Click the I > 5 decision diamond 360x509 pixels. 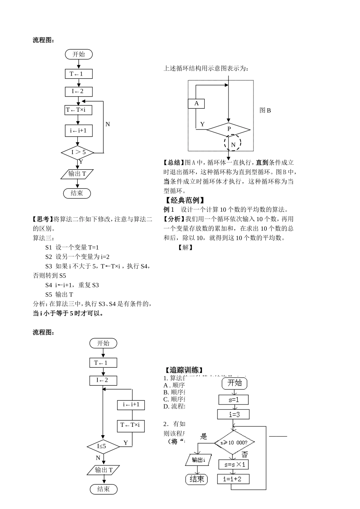tap(78, 153)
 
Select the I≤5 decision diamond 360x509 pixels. tap(103, 447)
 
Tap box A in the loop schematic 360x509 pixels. tap(196, 103)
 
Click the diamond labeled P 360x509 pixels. tap(229, 130)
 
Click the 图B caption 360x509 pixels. tap(265, 111)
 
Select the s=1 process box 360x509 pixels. tap(233, 400)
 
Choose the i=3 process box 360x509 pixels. tap(234, 414)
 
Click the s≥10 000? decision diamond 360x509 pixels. tap(234, 442)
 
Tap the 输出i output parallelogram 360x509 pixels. tap(198, 460)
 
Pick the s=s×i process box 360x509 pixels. tap(234, 464)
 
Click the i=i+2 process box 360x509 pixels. tap(234, 479)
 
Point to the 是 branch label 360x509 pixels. tap(204, 436)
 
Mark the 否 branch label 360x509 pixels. tap(245, 454)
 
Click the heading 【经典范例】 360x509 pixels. tap(185, 200)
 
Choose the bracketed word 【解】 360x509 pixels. tap(185, 247)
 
